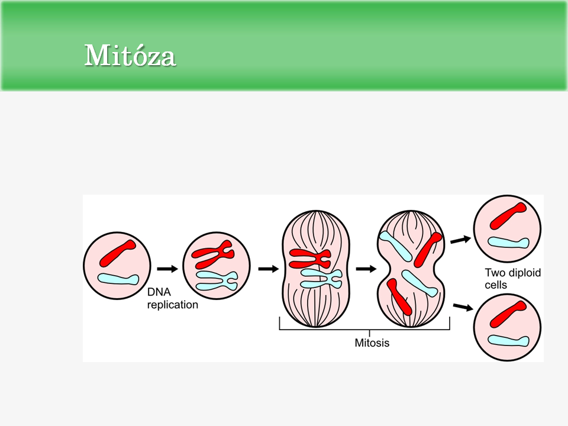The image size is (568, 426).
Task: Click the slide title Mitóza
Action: tap(130, 56)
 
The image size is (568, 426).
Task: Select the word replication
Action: tap(172, 305)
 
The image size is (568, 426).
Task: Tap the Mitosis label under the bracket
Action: tap(372, 342)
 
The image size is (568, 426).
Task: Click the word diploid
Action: tap(524, 273)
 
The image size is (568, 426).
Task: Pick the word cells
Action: tap(496, 285)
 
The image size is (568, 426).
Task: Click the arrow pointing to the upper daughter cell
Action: tap(461, 239)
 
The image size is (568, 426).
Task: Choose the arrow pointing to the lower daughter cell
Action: tap(462, 307)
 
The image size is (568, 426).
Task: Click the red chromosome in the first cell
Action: tap(118, 253)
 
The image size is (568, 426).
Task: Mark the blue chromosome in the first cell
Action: tap(118, 278)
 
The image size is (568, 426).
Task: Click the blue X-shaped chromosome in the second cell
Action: tap(217, 279)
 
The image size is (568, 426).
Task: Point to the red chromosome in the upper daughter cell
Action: tap(508, 217)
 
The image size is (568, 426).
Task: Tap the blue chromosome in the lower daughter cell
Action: tap(508, 340)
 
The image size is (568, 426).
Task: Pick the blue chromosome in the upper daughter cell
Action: tap(508, 243)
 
